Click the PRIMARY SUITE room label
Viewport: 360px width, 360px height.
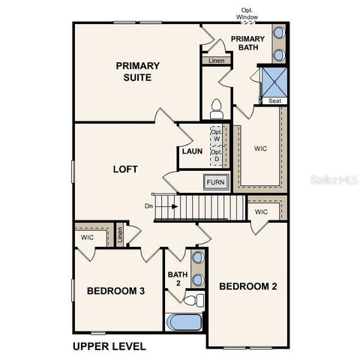click(x=135, y=71)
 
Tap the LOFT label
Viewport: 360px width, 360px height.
click(x=124, y=169)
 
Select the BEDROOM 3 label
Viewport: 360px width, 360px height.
click(x=115, y=290)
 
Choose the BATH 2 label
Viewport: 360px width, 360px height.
click(x=178, y=279)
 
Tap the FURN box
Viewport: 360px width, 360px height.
click(x=216, y=182)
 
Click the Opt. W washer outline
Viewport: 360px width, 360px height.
click(x=216, y=136)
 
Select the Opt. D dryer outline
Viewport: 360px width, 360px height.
click(x=216, y=155)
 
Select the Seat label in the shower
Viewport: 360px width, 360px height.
click(x=271, y=100)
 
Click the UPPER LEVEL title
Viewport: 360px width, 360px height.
click(x=109, y=346)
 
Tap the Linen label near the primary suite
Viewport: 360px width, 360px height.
click(x=216, y=60)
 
